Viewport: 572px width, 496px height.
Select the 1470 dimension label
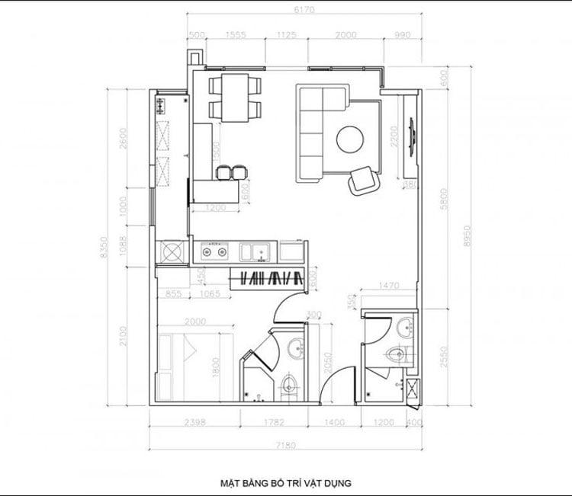click(x=390, y=285)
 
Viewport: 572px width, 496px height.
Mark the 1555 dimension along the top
click(x=236, y=35)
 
